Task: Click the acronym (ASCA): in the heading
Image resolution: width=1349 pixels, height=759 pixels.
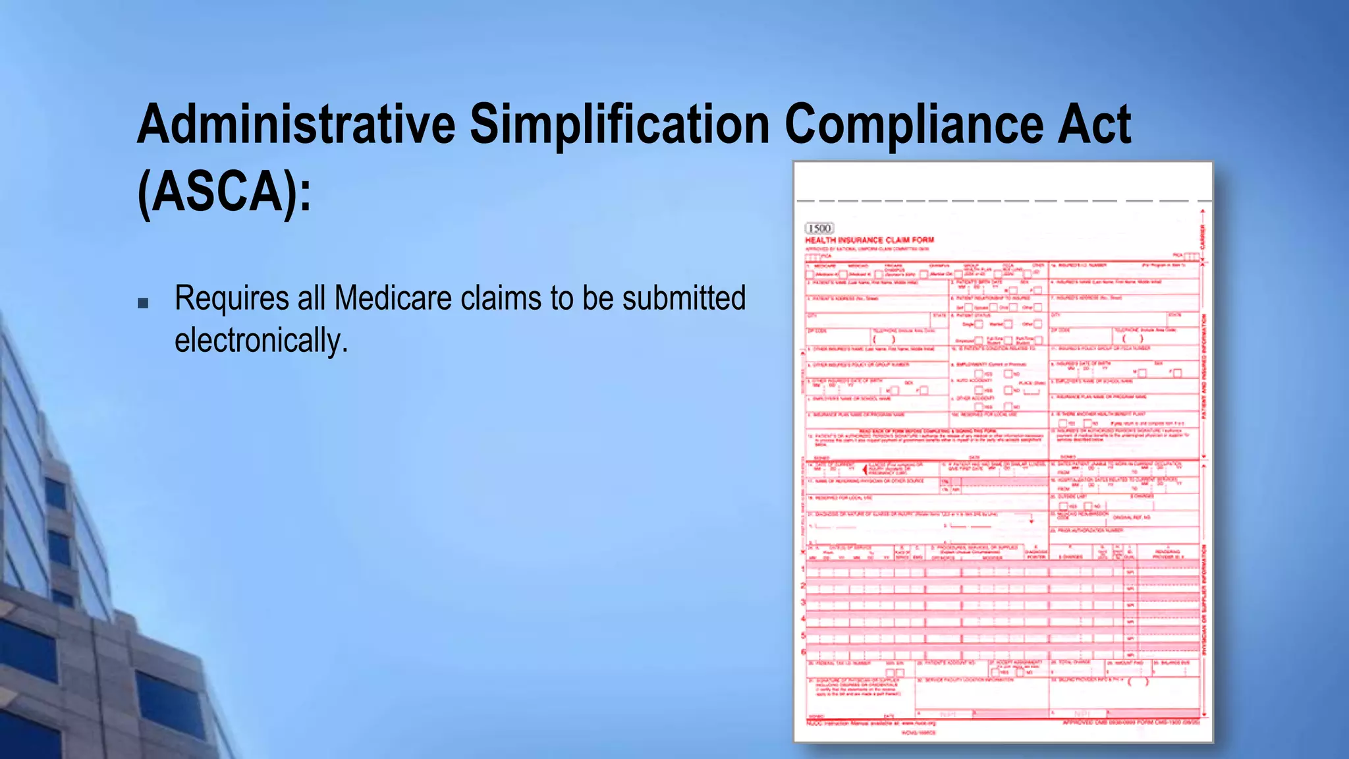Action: (224, 192)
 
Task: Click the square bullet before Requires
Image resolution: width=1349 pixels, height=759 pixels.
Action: (143, 304)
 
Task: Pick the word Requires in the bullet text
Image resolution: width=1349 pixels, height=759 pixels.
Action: (231, 298)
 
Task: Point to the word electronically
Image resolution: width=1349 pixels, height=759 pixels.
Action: (260, 341)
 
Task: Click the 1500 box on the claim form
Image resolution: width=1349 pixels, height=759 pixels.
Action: (819, 228)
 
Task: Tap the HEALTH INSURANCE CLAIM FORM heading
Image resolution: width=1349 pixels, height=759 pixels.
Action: (869, 240)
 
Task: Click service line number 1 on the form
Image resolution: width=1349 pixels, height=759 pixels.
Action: (803, 569)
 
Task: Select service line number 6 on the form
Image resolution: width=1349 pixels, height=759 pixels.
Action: (803, 652)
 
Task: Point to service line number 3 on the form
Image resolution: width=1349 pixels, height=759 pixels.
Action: (803, 602)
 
